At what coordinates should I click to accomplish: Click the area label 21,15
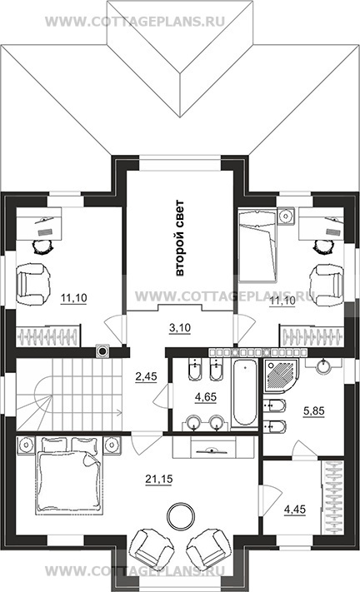click(x=158, y=479)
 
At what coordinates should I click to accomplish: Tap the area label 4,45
click(x=295, y=510)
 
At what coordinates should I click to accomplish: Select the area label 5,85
click(x=314, y=410)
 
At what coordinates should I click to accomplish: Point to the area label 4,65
click(x=206, y=397)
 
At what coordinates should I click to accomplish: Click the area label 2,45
click(x=146, y=376)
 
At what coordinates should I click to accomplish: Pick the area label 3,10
click(x=180, y=328)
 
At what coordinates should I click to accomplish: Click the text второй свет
click(x=179, y=238)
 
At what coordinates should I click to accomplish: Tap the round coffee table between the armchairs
click(x=182, y=515)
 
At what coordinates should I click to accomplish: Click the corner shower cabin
click(x=280, y=376)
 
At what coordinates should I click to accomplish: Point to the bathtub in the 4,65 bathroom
click(x=245, y=393)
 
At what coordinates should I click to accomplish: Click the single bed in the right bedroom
click(x=258, y=246)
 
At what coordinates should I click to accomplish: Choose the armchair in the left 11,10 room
click(x=32, y=284)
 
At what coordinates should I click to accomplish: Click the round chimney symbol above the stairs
click(x=102, y=351)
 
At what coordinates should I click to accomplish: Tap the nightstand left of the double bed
click(x=26, y=444)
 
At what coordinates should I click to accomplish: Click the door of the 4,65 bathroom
click(x=162, y=396)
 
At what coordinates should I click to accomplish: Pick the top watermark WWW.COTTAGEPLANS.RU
click(x=135, y=21)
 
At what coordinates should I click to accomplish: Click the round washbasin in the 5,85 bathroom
click(x=322, y=366)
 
